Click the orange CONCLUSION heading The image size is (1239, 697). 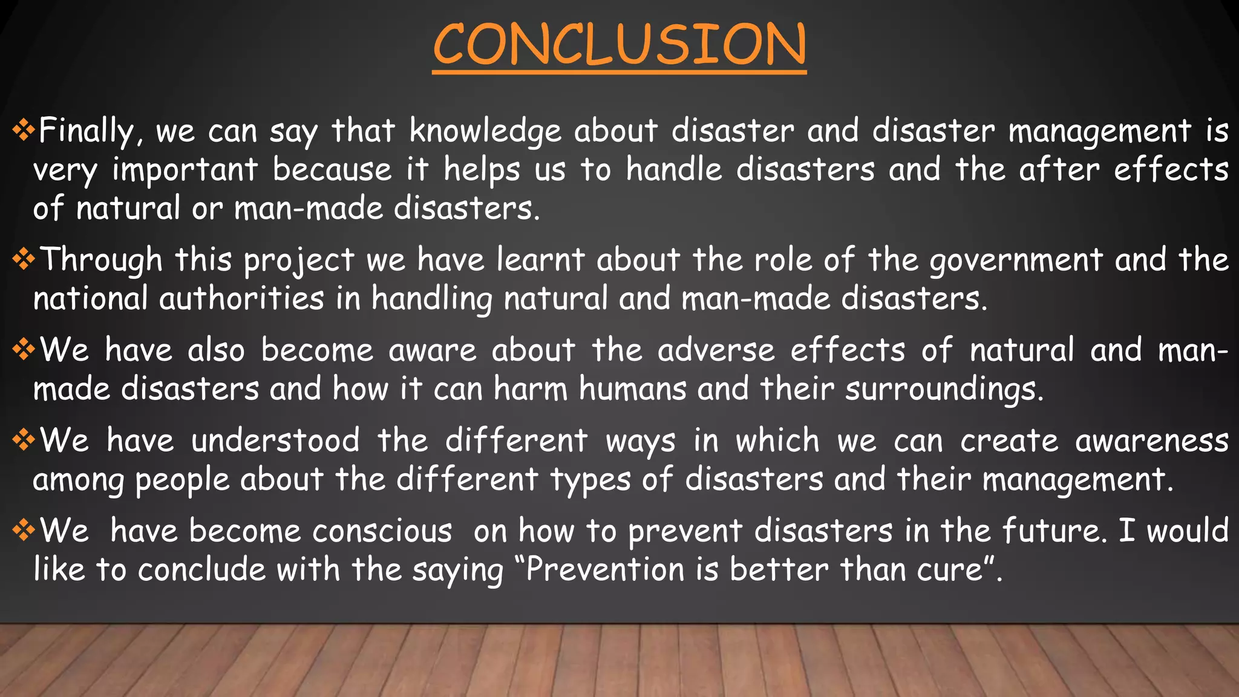tap(619, 45)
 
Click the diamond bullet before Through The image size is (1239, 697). tap(24, 260)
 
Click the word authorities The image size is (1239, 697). tap(241, 299)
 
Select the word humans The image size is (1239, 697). tap(632, 389)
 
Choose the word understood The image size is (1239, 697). tap(275, 441)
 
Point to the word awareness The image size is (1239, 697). tap(1151, 441)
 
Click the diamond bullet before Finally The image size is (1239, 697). tap(24, 130)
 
